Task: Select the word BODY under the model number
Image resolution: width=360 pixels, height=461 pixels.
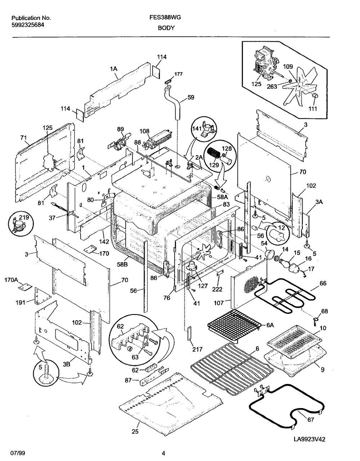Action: (x=166, y=27)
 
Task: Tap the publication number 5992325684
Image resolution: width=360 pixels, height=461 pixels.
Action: (x=28, y=25)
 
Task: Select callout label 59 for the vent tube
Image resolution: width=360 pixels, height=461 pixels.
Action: (x=191, y=97)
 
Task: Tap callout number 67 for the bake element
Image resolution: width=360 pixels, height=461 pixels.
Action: (x=311, y=420)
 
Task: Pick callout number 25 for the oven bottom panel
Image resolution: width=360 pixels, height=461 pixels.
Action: (x=135, y=432)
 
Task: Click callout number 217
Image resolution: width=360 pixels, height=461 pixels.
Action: (x=198, y=349)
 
